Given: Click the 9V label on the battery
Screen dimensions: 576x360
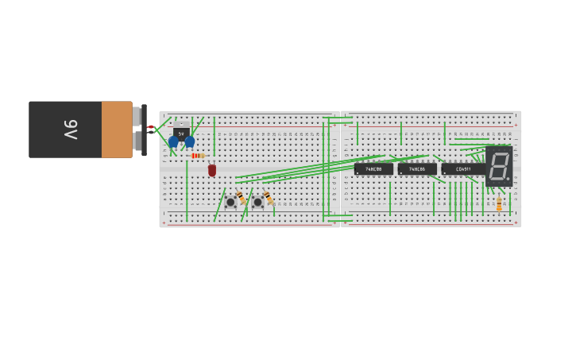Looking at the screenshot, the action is click(x=70, y=129).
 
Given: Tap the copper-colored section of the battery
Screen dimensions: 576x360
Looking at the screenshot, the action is click(x=117, y=129).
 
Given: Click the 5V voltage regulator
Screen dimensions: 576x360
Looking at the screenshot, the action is click(x=181, y=133).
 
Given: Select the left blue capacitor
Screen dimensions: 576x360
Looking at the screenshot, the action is click(x=173, y=142).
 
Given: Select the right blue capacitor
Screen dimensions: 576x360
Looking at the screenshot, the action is click(x=189, y=142).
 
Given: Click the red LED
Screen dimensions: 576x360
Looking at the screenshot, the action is click(x=212, y=170).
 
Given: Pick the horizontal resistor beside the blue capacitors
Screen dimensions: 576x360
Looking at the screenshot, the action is click(x=197, y=156).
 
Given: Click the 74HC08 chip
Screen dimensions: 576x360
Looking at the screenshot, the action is click(x=373, y=168).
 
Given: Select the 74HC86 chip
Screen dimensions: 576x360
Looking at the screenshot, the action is click(x=417, y=168).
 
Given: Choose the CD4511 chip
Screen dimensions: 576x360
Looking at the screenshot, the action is click(x=462, y=168).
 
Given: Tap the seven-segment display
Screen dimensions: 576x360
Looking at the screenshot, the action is click(x=499, y=165).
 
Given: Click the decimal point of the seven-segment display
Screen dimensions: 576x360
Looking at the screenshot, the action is click(x=508, y=178).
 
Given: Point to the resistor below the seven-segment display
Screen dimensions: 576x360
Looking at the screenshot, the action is click(x=499, y=204).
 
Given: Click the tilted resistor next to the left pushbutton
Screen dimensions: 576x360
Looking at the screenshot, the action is click(x=240, y=197).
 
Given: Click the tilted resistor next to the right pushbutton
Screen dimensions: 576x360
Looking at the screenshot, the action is click(x=268, y=197).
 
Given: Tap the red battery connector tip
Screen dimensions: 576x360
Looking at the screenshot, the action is click(x=151, y=127).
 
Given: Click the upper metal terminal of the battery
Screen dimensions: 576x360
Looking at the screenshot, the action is click(x=137, y=116).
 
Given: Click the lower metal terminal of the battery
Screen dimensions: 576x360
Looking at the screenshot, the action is click(x=137, y=141).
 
